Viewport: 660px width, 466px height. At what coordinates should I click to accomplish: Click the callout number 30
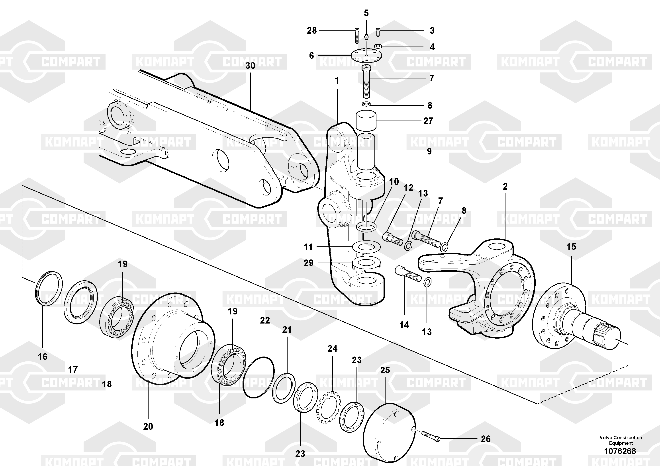coord(250,66)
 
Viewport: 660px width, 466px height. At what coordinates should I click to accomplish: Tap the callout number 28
coord(312,30)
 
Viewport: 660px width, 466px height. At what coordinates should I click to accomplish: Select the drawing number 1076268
coord(620,451)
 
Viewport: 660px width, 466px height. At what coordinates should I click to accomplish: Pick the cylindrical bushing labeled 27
coord(366,121)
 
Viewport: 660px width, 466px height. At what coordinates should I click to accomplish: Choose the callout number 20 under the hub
coord(148,426)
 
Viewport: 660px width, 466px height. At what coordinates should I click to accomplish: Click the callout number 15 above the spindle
coord(571,246)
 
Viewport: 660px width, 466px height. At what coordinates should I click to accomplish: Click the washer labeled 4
coord(378,46)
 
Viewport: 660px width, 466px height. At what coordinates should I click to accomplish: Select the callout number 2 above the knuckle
coord(505,187)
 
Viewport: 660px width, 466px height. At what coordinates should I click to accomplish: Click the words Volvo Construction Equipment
coord(621,440)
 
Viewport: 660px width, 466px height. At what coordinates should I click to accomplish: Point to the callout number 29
coord(309,263)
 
